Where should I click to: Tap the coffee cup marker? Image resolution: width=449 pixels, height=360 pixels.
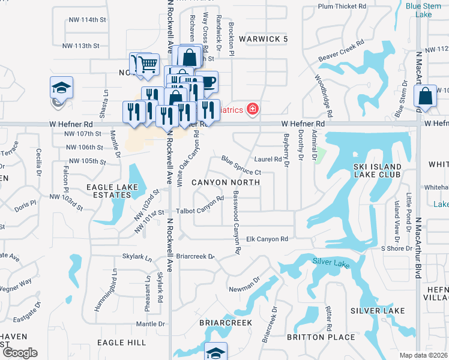pyautogui.click(x=207, y=82)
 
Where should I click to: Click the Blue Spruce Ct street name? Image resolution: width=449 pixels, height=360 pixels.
pyautogui.click(x=241, y=166)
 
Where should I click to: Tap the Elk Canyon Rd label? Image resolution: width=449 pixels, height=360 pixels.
pyautogui.click(x=268, y=239)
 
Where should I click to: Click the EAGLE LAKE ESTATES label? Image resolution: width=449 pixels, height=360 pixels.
pyautogui.click(x=109, y=191)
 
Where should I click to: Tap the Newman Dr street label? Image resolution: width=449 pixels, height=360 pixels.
pyautogui.click(x=244, y=288)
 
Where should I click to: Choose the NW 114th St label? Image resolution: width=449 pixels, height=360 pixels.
pyautogui.click(x=82, y=20)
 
